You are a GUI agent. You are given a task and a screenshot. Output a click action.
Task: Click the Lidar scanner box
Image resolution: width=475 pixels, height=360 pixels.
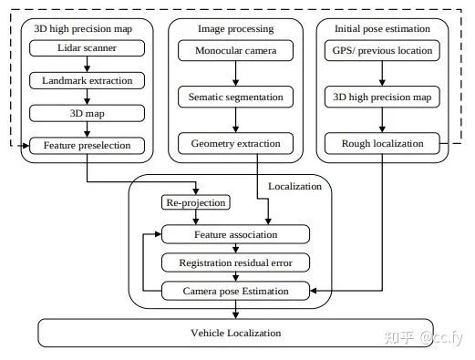pyautogui.click(x=87, y=48)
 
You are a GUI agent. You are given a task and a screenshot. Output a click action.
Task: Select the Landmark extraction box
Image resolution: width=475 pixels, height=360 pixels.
pyautogui.click(x=87, y=80)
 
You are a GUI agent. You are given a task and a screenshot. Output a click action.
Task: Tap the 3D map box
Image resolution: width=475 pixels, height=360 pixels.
pyautogui.click(x=87, y=113)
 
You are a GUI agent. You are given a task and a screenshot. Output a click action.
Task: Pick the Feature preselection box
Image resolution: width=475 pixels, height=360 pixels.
pyautogui.click(x=87, y=146)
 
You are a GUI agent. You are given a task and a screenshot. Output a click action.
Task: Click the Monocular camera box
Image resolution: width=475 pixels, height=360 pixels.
pyautogui.click(x=235, y=50)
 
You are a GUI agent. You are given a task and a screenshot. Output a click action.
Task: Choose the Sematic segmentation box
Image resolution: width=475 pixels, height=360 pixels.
pyautogui.click(x=235, y=97)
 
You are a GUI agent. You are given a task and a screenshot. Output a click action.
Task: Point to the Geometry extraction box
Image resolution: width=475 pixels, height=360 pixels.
pyautogui.click(x=235, y=143)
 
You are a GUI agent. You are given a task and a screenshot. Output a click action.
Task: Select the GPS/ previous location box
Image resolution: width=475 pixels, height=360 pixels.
pyautogui.click(x=382, y=50)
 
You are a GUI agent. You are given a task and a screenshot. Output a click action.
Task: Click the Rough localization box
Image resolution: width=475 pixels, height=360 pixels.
pyautogui.click(x=382, y=143)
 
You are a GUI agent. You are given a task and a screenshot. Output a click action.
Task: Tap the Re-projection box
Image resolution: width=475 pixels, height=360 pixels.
pyautogui.click(x=196, y=202)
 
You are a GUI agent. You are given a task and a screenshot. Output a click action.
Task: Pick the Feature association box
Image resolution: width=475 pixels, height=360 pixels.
pyautogui.click(x=235, y=234)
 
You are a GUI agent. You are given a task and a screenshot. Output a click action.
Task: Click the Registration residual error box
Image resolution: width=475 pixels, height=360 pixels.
pyautogui.click(x=235, y=262)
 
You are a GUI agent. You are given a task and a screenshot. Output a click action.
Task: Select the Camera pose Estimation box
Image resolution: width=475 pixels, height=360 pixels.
pyautogui.click(x=235, y=291)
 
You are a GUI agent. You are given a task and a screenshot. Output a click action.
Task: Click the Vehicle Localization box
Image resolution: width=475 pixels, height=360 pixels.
pyautogui.click(x=235, y=333)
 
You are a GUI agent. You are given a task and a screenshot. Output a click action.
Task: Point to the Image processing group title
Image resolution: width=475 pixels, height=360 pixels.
pyautogui.click(x=236, y=29)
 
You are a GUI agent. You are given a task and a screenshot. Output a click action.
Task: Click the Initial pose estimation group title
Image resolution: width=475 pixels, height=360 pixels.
pyautogui.click(x=382, y=29)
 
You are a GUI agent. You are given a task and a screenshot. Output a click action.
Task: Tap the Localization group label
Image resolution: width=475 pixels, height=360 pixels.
pyautogui.click(x=294, y=186)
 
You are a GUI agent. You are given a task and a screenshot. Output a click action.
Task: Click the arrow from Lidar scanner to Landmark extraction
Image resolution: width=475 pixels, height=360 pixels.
pyautogui.click(x=88, y=64)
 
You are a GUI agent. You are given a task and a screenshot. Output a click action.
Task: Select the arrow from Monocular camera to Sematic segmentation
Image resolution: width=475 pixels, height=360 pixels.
pyautogui.click(x=235, y=74)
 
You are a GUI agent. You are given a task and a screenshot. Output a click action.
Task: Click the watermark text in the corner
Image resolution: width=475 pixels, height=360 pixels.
pyautogui.click(x=424, y=337)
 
